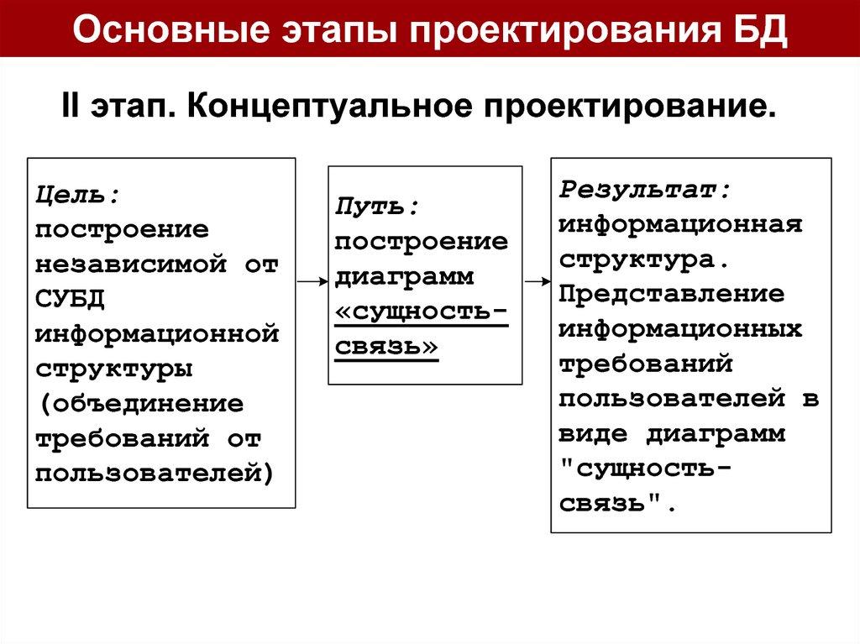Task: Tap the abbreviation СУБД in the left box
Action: pos(70,300)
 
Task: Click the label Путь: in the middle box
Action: pos(377,207)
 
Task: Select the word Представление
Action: pos(672,295)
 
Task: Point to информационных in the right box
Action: pos(680,330)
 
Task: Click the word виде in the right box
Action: pos(593,435)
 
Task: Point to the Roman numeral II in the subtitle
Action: pos(70,107)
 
